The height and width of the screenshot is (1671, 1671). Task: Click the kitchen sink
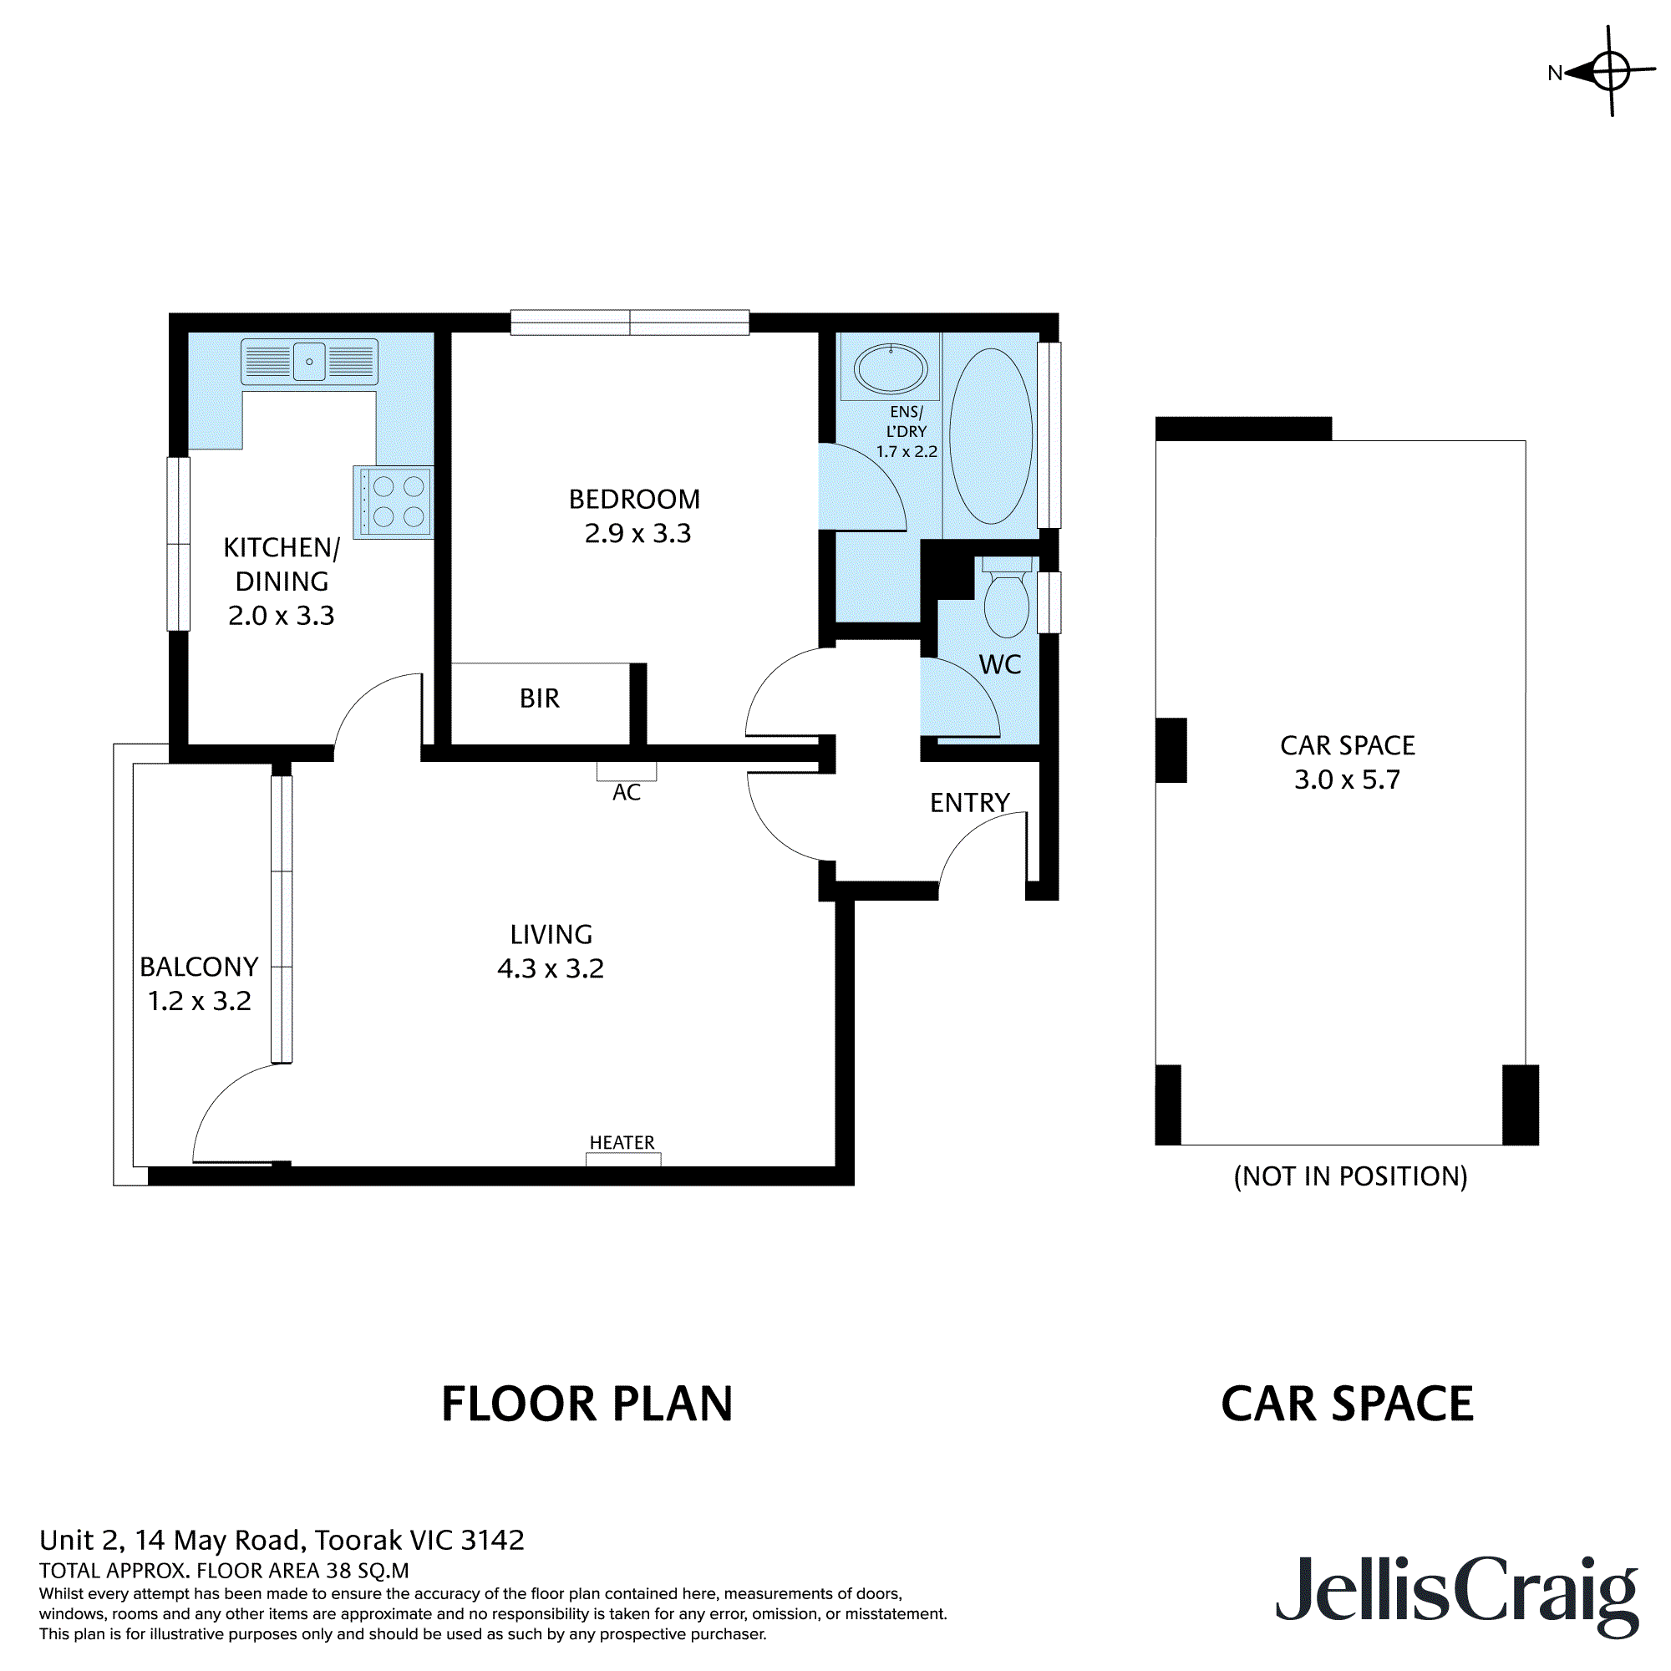click(309, 362)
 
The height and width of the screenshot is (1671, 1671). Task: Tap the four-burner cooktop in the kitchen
click(394, 501)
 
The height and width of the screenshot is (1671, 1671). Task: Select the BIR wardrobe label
click(540, 698)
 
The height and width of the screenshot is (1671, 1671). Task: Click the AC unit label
click(626, 792)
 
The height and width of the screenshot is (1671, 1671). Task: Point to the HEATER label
click(622, 1142)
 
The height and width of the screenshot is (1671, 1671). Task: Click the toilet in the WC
click(1007, 597)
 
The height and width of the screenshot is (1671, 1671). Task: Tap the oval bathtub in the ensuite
click(991, 436)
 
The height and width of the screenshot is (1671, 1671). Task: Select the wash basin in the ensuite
click(891, 369)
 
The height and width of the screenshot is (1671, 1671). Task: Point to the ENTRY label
click(969, 803)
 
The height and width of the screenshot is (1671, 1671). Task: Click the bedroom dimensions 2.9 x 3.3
click(637, 533)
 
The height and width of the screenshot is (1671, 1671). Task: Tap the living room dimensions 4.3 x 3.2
click(550, 968)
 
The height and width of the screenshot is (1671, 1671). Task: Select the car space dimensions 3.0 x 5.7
click(1347, 780)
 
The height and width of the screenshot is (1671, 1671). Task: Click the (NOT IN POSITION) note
click(1350, 1176)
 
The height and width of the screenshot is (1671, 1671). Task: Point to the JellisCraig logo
click(1457, 1595)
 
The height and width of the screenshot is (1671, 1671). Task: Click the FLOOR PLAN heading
click(587, 1404)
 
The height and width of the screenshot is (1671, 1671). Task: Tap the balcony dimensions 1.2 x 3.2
click(199, 1001)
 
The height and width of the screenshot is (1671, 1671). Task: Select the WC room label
click(1000, 664)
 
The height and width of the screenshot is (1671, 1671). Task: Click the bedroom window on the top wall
click(630, 323)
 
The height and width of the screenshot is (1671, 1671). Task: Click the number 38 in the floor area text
click(340, 1571)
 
